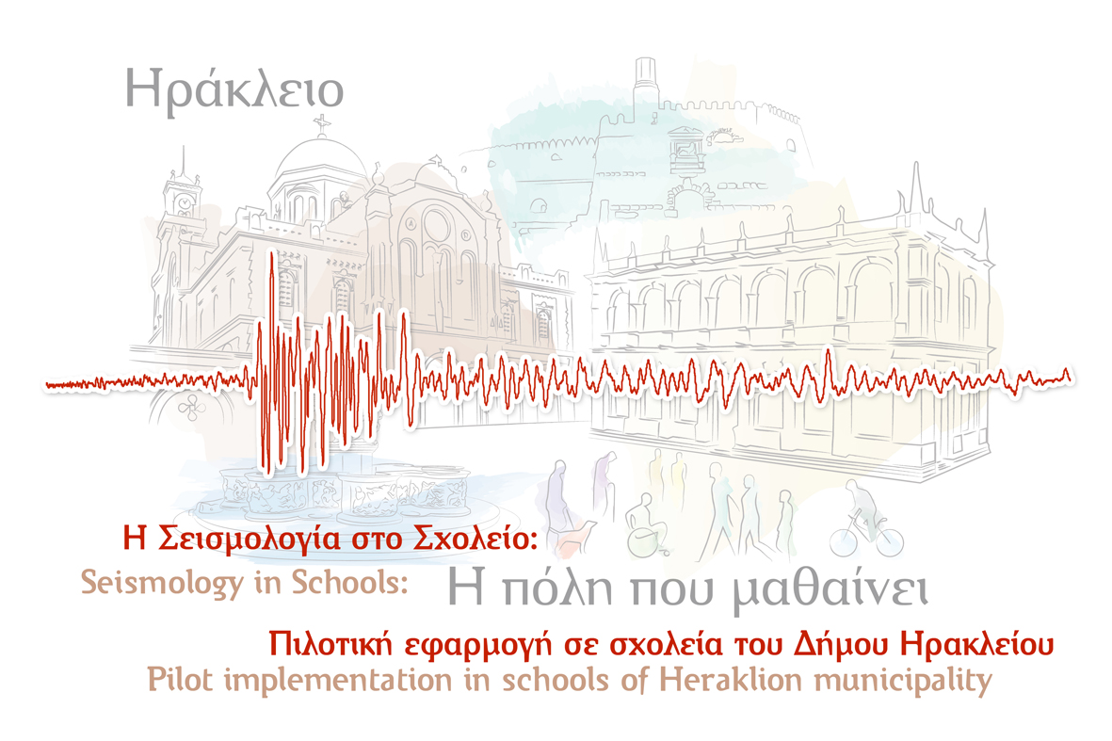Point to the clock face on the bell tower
pos(185,202)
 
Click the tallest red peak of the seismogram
pos(271,254)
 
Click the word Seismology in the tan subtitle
pos(161,583)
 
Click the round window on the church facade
pos(436,225)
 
